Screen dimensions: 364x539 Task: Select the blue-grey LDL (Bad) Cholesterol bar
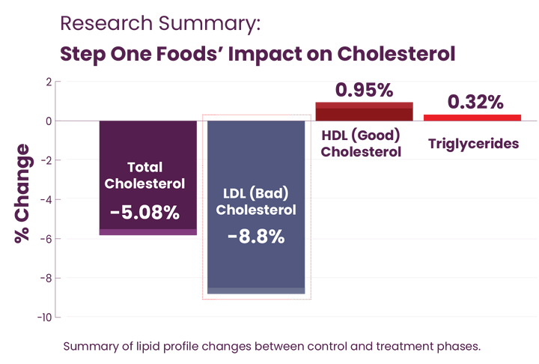coord(255,262)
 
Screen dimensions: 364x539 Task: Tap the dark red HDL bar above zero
coord(364,111)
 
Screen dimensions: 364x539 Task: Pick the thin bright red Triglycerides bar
coord(472,117)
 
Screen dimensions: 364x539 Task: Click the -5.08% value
coord(144,213)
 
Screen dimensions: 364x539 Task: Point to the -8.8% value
coord(256,237)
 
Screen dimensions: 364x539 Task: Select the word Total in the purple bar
coord(144,168)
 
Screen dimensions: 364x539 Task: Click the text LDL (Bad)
coord(256,194)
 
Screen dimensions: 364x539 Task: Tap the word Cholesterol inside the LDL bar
coord(256,210)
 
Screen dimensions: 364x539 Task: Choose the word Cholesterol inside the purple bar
coord(144,183)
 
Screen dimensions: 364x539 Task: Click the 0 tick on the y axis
coord(48,120)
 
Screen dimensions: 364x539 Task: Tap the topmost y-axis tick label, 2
coord(48,81)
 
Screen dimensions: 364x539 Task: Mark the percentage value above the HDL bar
coord(364,91)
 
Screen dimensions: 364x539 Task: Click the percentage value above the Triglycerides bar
coord(473,101)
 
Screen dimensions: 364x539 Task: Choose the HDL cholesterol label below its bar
coord(361,142)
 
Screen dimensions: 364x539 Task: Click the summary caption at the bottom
coord(271,346)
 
